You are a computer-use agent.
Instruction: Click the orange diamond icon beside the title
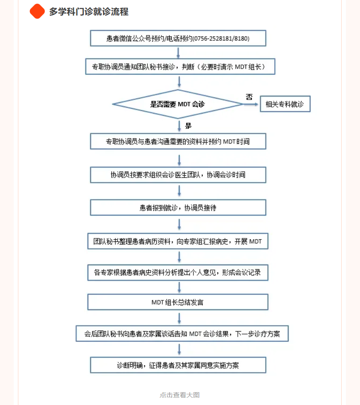point(37,12)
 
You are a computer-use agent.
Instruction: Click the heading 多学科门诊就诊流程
point(88,12)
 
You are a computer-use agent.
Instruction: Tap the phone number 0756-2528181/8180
point(222,38)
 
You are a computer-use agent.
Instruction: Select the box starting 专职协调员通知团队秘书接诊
point(180,67)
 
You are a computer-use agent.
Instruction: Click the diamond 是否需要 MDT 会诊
point(178,104)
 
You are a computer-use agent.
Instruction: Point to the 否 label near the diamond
point(249,97)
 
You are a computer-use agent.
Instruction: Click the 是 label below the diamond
point(188,126)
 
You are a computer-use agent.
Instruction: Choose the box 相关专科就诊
point(285,104)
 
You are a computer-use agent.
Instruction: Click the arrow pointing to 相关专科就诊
point(251,104)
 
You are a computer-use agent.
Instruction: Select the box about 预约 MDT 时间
point(178,141)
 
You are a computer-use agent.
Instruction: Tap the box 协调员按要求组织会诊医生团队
point(178,175)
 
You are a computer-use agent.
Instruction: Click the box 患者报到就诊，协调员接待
point(178,207)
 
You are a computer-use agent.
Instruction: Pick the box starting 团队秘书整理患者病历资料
point(178,241)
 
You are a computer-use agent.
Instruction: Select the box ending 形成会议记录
point(178,273)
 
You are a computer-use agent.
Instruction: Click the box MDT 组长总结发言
point(178,302)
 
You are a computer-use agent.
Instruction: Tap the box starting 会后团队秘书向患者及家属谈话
point(182,334)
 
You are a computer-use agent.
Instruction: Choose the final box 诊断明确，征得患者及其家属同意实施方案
point(178,365)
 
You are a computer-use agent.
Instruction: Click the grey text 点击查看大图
point(180,395)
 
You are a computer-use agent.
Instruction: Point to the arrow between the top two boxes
point(178,53)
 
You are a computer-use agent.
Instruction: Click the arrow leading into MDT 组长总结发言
point(179,287)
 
